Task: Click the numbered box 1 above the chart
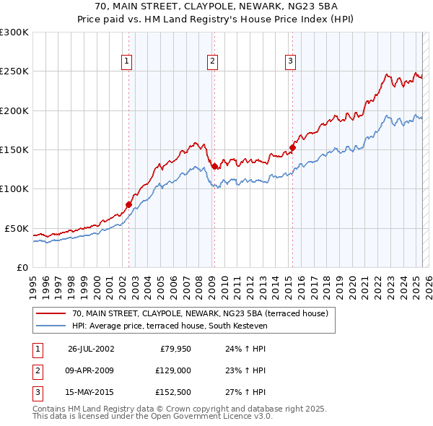126,62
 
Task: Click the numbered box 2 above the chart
213,62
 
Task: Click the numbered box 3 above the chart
290,62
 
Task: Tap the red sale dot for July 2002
129,204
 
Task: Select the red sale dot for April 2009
214,166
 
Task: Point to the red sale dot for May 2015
292,148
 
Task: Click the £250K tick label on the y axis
14,71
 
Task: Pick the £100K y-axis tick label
14,188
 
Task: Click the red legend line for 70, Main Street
51,314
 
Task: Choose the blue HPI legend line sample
51,326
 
